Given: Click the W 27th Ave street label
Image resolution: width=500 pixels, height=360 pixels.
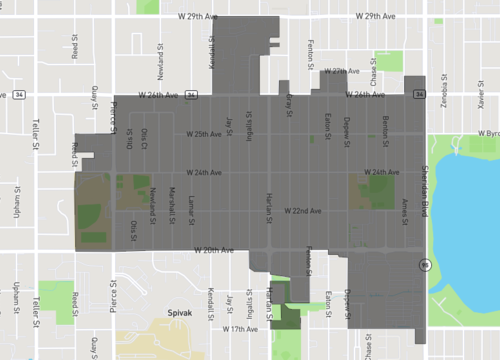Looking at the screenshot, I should click(x=341, y=72).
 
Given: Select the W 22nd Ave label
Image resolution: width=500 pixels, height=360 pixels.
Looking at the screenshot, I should click(x=302, y=211).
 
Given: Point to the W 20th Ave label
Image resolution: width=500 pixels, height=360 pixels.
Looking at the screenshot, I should click(x=213, y=249).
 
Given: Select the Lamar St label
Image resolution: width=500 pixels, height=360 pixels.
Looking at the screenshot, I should click(x=190, y=208).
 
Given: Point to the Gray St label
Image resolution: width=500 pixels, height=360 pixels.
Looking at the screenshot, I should click(x=289, y=102).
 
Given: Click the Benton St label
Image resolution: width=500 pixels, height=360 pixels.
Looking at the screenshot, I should click(x=385, y=127).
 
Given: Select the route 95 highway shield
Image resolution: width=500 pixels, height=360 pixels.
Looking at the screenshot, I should click(x=424, y=265).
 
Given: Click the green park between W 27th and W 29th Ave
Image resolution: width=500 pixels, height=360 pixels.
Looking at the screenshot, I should click(x=388, y=62).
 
